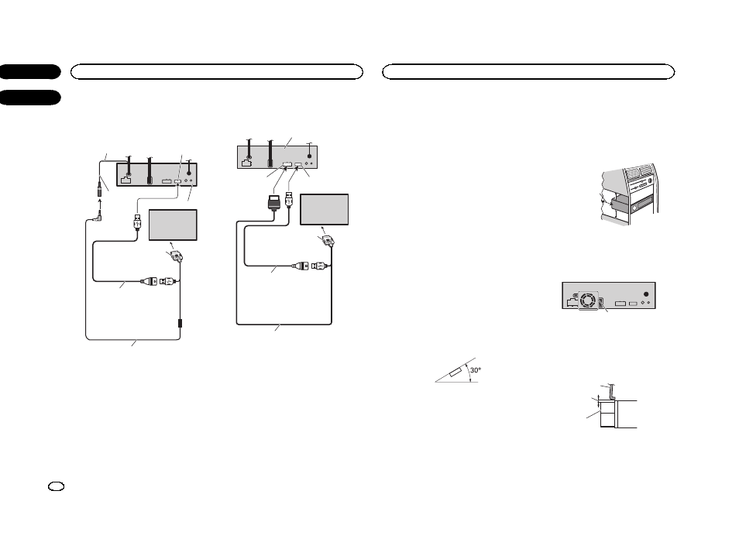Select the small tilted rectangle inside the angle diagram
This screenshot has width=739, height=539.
[455, 373]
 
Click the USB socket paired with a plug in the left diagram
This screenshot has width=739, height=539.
[169, 283]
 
